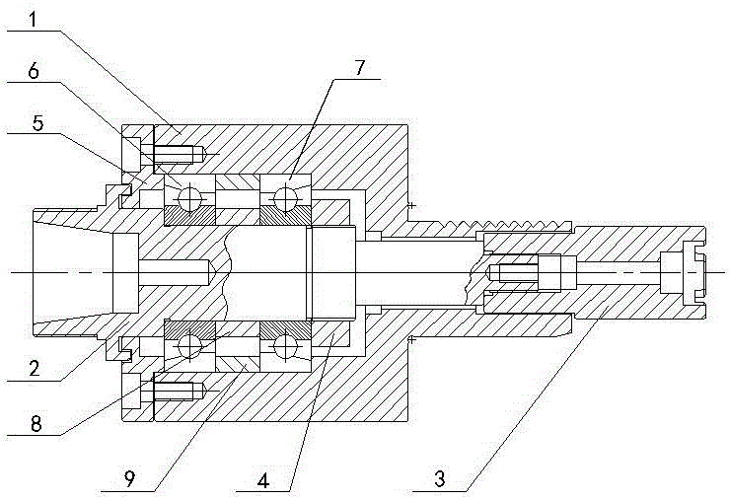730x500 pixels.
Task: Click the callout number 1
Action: point(33,20)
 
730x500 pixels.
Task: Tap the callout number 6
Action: point(34,72)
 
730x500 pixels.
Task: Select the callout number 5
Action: point(37,123)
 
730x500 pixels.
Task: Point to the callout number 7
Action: point(359,69)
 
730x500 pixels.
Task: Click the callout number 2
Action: point(35,368)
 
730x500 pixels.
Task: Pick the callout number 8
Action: point(36,424)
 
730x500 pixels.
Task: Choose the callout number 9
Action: point(129,478)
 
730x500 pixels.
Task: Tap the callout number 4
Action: point(263,480)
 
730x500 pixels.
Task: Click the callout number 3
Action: point(440,479)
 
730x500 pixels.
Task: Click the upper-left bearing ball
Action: point(190,199)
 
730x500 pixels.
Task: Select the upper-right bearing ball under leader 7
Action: point(285,199)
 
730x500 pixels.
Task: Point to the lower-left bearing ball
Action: point(190,346)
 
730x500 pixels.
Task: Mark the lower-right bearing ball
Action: point(285,346)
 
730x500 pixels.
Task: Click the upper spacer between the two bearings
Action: point(238,182)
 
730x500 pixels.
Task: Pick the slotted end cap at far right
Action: point(684,272)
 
